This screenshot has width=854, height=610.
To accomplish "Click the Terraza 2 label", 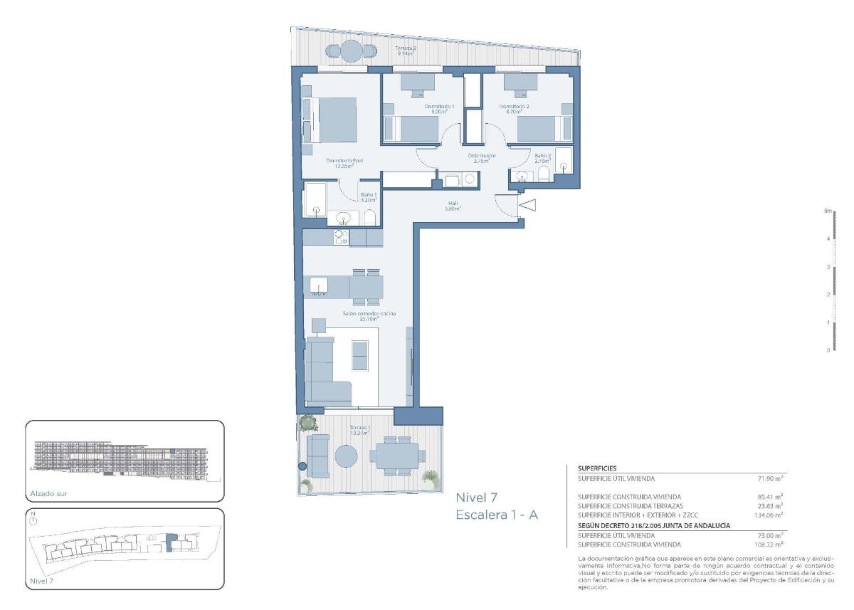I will (x=406, y=51).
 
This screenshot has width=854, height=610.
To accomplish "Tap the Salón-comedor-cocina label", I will (x=368, y=316).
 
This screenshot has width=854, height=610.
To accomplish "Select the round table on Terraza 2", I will (x=351, y=51).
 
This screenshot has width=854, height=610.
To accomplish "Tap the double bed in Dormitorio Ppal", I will (x=337, y=121).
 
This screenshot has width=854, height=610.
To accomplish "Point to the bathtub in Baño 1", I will (x=315, y=199).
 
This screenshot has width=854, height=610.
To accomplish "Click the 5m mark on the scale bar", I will (x=828, y=211).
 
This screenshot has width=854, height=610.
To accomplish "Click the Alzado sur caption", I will (x=49, y=493).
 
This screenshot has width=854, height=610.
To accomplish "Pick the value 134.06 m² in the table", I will (x=769, y=515).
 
